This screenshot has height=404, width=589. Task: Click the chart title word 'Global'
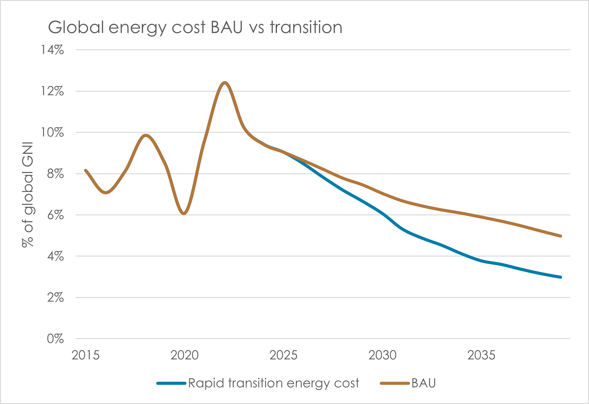pyautogui.click(x=76, y=28)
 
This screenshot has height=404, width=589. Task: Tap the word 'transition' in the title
pyautogui.click(x=306, y=28)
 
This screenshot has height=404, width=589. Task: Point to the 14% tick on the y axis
pyautogui.click(x=52, y=50)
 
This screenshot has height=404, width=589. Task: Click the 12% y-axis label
pyautogui.click(x=52, y=91)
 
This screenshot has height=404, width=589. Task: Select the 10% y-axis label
pyautogui.click(x=52, y=132)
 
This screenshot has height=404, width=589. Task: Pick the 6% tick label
pyautogui.click(x=55, y=215)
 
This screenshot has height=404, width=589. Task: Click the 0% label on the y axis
pyautogui.click(x=55, y=339)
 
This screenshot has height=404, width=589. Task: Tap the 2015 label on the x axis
pyautogui.click(x=86, y=355)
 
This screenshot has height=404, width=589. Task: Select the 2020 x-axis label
pyautogui.click(x=185, y=355)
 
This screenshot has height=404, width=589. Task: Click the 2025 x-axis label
pyautogui.click(x=284, y=355)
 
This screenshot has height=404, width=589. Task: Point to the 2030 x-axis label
pyautogui.click(x=382, y=355)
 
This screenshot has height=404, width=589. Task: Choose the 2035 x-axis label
pyautogui.click(x=481, y=355)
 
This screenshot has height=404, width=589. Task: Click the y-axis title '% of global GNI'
pyautogui.click(x=28, y=195)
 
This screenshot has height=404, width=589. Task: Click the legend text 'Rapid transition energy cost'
pyautogui.click(x=273, y=383)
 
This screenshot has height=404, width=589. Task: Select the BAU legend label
pyautogui.click(x=424, y=383)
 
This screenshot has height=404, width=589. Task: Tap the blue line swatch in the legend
pyautogui.click(x=171, y=383)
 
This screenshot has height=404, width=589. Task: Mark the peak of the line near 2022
pyautogui.click(x=225, y=83)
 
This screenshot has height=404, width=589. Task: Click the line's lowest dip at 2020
pyautogui.click(x=184, y=213)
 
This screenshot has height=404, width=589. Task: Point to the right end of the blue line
pyautogui.click(x=561, y=277)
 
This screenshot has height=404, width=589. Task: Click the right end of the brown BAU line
pyautogui.click(x=561, y=236)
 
